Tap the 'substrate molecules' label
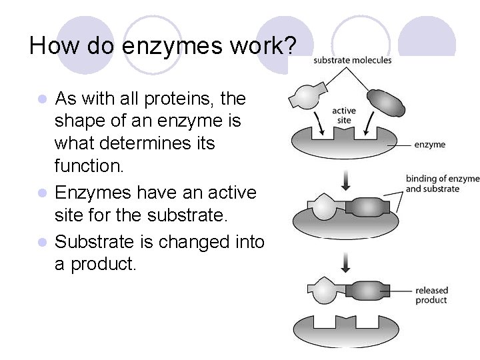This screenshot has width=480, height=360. [x=352, y=61]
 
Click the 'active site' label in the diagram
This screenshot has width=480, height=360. [x=344, y=115]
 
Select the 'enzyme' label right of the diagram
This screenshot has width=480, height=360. [x=430, y=144]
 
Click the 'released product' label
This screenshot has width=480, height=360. [x=431, y=295]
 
